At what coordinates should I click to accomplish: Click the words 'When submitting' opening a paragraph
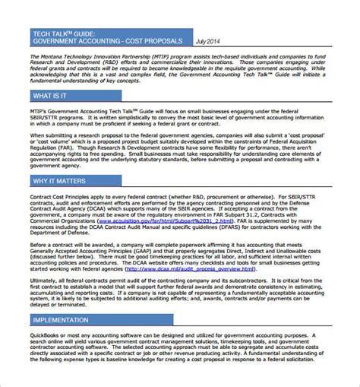pos(53,139)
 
